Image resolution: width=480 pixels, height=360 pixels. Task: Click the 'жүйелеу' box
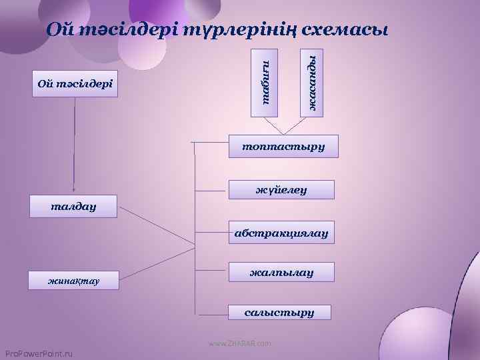281,190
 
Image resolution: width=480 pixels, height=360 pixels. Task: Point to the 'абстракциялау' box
281,233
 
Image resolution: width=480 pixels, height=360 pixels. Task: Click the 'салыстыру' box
279,311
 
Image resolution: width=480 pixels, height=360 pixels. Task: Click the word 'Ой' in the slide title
59,31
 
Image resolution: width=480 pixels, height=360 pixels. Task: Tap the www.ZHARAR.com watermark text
239,343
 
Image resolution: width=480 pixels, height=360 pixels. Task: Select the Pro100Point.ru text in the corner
38,353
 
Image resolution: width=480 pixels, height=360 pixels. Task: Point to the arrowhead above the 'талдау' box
74,189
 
